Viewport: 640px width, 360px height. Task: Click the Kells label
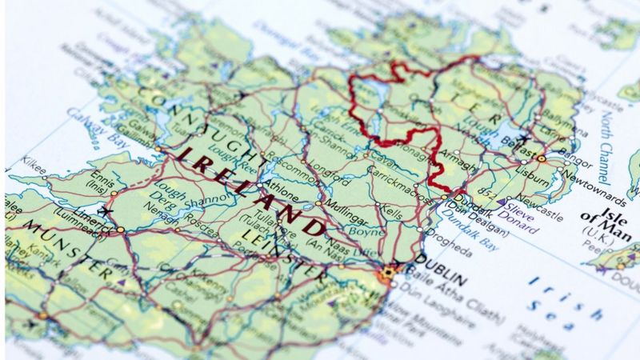click(x=391, y=210)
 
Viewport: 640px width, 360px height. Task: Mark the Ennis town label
click(x=100, y=175)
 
